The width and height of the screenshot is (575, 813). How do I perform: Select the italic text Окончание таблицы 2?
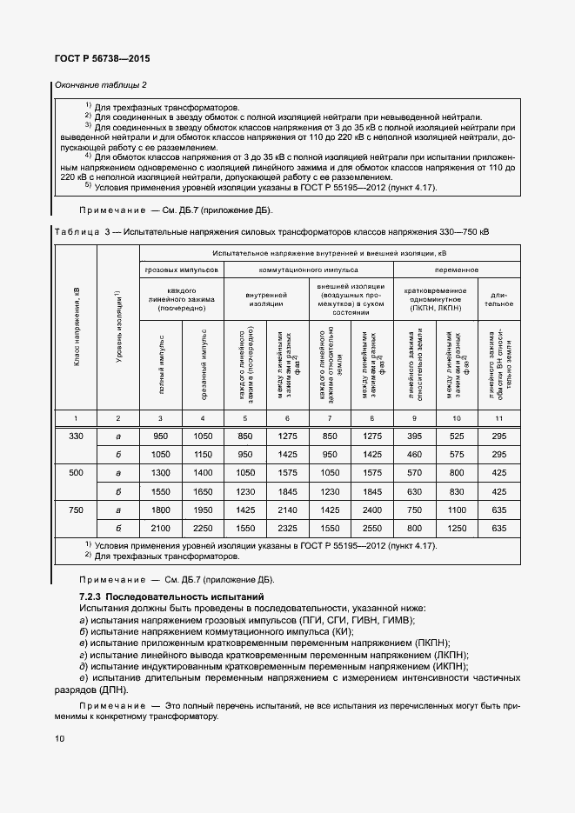coord(101,84)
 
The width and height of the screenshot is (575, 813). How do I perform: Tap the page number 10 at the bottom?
coord(59,738)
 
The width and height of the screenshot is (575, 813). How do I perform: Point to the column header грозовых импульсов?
coord(182,270)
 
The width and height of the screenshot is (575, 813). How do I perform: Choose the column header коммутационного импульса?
coord(309,270)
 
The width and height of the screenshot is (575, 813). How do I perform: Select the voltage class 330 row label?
coord(76,436)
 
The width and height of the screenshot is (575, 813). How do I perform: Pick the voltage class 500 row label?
coord(76,472)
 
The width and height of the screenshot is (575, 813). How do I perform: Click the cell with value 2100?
coord(160,528)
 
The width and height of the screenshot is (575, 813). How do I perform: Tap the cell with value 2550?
coord(371,528)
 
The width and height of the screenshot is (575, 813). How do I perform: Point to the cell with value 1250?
coord(456,528)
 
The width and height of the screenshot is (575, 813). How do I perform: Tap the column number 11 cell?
coord(498,418)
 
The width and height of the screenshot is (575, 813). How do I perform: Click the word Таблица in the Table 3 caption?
coord(78,232)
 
